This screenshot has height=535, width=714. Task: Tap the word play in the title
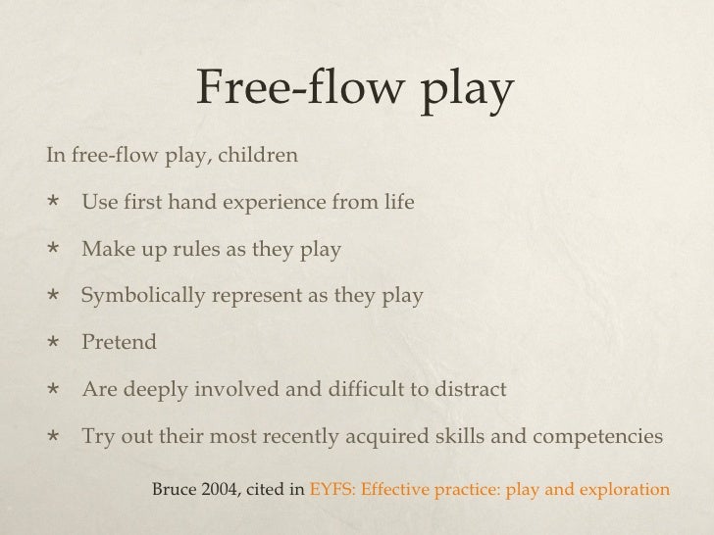click(x=465, y=93)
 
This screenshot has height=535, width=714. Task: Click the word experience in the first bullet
click(x=280, y=203)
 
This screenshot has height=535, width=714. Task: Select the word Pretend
click(x=119, y=343)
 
